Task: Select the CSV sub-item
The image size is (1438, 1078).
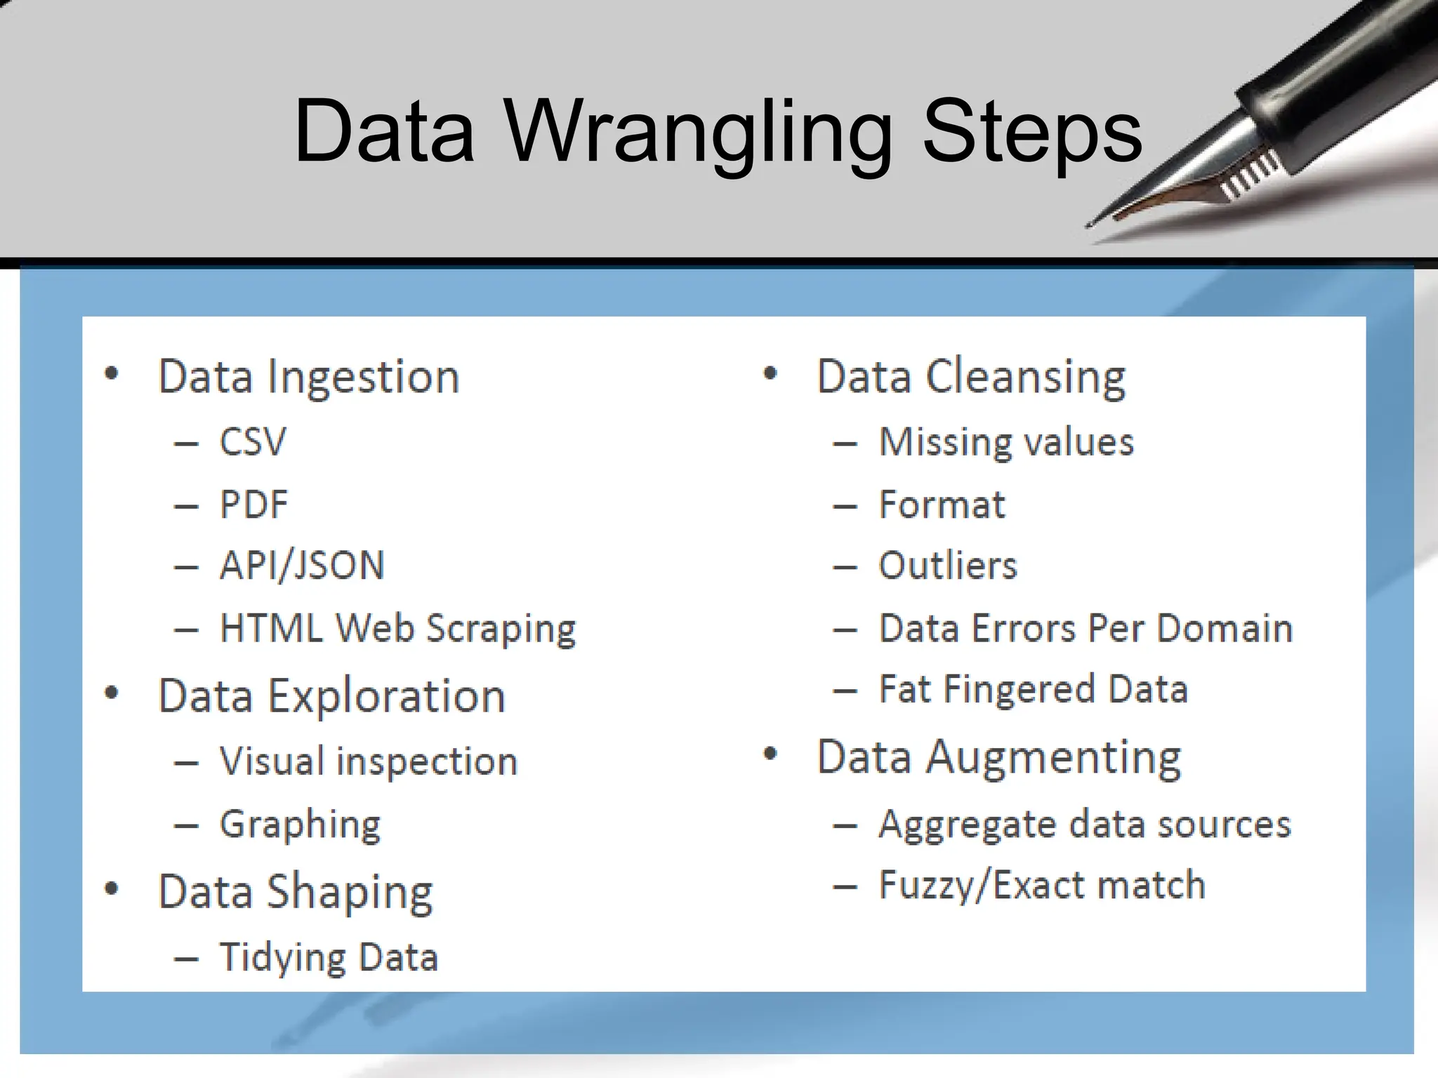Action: point(253,442)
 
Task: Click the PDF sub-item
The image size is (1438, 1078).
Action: point(253,505)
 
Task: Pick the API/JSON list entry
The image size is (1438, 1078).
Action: point(302,566)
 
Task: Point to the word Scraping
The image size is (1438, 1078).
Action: point(501,628)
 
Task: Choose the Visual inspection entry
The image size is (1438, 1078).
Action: point(369,761)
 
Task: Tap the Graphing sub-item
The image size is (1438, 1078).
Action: point(300,825)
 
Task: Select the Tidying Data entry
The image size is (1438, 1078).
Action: point(329,957)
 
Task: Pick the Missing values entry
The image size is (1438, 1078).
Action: point(1006,442)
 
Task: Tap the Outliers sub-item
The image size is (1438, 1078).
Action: point(947,566)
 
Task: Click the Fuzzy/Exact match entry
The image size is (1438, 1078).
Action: point(1042,885)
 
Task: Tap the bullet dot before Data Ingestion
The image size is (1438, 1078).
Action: point(111,374)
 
